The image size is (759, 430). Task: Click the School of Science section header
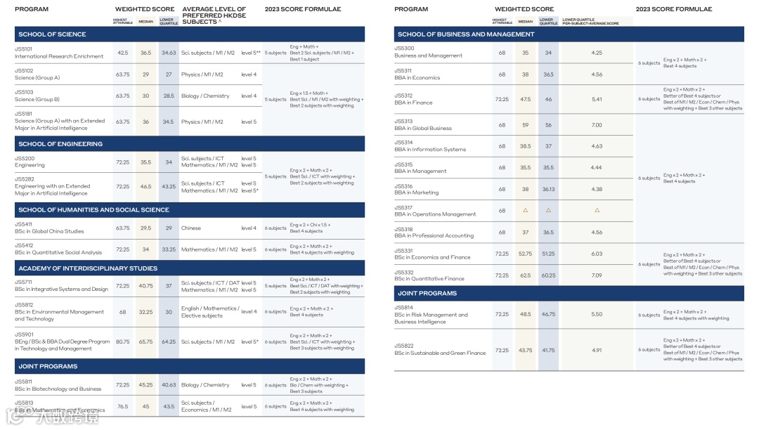52,34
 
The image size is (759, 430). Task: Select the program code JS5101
24,49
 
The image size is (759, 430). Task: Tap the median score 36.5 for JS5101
145,53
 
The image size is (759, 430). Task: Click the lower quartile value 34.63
169,53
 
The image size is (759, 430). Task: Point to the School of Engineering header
60,144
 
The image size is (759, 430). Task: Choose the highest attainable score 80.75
122,341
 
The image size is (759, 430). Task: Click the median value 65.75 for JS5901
145,341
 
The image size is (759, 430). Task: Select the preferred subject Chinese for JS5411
191,228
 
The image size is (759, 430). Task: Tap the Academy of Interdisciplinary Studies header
88,268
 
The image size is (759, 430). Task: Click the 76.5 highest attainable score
122,406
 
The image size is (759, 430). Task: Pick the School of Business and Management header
466,34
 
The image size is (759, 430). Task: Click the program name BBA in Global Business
423,129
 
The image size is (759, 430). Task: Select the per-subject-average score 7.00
597,125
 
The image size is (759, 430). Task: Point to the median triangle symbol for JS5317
525,210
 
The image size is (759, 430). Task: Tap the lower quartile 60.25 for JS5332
548,275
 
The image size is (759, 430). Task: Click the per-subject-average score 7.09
597,275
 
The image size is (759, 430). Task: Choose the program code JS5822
404,346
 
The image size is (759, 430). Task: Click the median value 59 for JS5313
525,125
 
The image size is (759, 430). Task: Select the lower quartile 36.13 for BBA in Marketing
548,189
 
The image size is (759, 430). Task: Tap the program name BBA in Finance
413,103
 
